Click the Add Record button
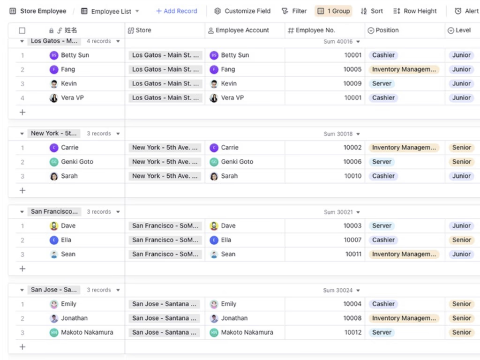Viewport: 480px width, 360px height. click(177, 11)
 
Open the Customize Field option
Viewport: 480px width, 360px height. click(242, 11)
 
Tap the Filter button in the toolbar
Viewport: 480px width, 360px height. click(294, 11)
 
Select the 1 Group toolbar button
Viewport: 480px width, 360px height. click(333, 11)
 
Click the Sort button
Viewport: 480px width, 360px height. click(372, 11)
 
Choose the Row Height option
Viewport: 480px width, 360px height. click(415, 11)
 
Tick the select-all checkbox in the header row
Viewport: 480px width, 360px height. click(22, 30)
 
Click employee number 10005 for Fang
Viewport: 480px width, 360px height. click(352, 69)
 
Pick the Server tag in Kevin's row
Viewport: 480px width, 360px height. click(382, 83)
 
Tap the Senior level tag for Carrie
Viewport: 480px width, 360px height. click(462, 148)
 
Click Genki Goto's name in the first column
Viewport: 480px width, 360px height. click(77, 162)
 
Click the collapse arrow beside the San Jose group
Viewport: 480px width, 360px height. click(22, 290)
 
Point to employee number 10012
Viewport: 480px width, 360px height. click(353, 332)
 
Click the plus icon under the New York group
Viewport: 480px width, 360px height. click(22, 190)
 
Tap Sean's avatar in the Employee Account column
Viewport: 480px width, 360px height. click(214, 255)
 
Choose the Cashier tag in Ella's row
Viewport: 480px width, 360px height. click(383, 240)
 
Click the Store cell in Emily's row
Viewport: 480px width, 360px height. click(165, 304)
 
